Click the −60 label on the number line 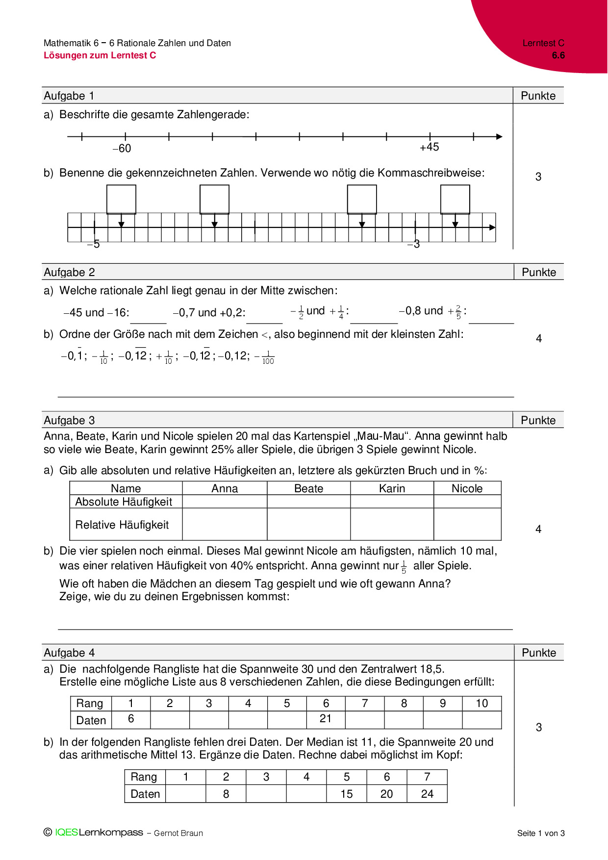pyautogui.click(x=122, y=149)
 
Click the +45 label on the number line pyautogui.click(x=430, y=147)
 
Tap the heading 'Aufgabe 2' pyautogui.click(x=69, y=273)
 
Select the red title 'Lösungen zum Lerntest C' pyautogui.click(x=100, y=55)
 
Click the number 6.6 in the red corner pyautogui.click(x=558, y=55)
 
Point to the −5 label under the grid pyautogui.click(x=93, y=244)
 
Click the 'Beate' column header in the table pyautogui.click(x=308, y=488)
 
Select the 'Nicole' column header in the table pyautogui.click(x=467, y=488)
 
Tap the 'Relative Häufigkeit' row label pyautogui.click(x=122, y=525)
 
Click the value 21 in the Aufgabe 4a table pyautogui.click(x=326, y=719)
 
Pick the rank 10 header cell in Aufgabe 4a pyautogui.click(x=481, y=704)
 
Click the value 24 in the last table pyautogui.click(x=427, y=794)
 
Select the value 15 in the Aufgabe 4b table pyautogui.click(x=347, y=794)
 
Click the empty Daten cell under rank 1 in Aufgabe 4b pyautogui.click(x=186, y=794)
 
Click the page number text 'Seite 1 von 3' pyautogui.click(x=541, y=833)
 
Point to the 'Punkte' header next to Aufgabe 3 pyautogui.click(x=538, y=421)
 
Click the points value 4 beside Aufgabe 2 pyautogui.click(x=539, y=338)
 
